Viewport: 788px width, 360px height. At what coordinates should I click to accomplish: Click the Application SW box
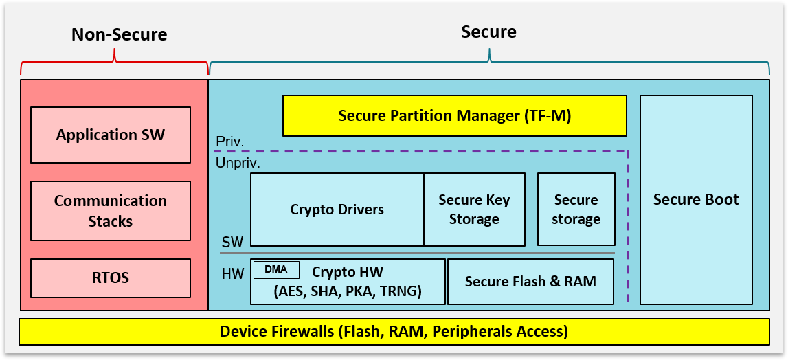click(111, 135)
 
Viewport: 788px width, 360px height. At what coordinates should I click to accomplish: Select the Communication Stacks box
click(111, 211)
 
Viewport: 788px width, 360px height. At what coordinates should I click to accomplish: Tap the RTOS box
click(111, 278)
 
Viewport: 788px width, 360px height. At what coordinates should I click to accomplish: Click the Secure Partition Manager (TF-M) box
click(455, 115)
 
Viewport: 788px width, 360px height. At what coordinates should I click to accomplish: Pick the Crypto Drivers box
click(337, 210)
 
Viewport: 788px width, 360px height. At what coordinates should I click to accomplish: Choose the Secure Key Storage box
click(474, 210)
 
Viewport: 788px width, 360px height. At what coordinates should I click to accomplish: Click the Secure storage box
click(576, 210)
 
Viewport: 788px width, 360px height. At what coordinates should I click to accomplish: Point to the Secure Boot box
click(696, 200)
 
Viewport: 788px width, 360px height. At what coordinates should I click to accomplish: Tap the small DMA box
click(276, 270)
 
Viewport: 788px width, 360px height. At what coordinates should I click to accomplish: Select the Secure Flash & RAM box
click(530, 282)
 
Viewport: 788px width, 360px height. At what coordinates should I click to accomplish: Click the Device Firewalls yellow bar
click(394, 332)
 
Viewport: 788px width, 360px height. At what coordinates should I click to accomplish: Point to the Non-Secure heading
click(119, 34)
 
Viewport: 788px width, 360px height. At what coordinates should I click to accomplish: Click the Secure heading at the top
click(488, 32)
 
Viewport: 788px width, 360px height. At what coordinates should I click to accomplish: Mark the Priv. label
click(229, 142)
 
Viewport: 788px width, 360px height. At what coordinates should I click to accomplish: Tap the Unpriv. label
click(238, 164)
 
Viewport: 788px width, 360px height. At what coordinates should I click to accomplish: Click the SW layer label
click(232, 243)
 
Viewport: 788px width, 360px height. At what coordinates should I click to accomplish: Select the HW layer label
click(233, 274)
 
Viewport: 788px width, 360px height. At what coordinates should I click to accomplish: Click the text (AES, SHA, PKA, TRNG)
click(348, 292)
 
